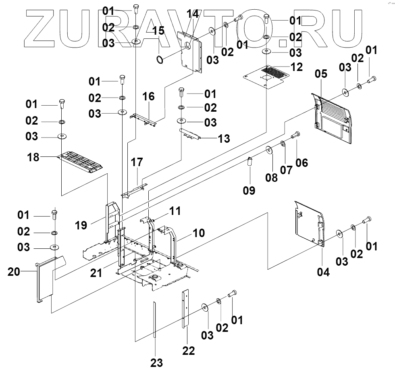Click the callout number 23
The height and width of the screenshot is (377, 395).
pos(157,363)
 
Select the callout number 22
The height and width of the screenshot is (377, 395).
pos(188,351)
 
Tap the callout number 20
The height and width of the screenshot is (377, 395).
pos(15,273)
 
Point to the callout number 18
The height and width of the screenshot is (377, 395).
pos(33,157)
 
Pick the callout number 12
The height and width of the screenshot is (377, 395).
pos(297,67)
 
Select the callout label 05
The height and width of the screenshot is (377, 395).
pos(321,75)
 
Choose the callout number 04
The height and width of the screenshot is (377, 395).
pos(323,273)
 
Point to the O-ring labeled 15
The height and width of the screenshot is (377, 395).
pos(160,60)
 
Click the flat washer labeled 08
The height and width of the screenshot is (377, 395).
pos(269,151)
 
